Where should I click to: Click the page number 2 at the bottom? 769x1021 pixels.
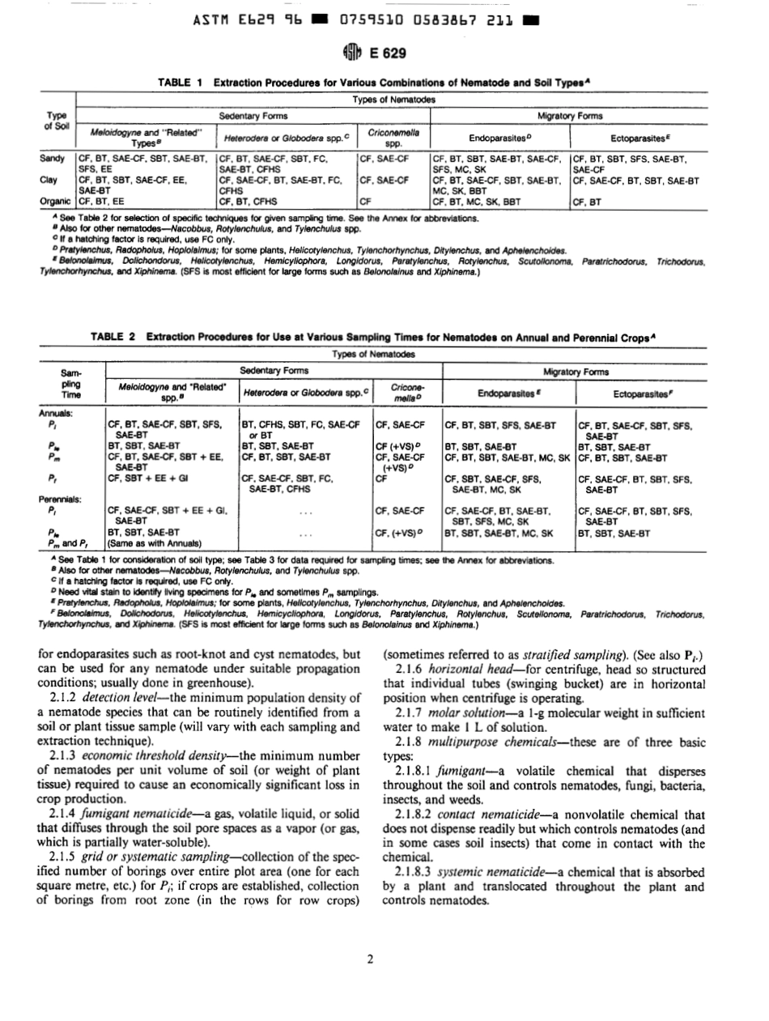[369, 961]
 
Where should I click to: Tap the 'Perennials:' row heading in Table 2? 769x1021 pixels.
[62, 499]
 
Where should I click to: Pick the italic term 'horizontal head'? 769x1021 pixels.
[457, 668]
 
